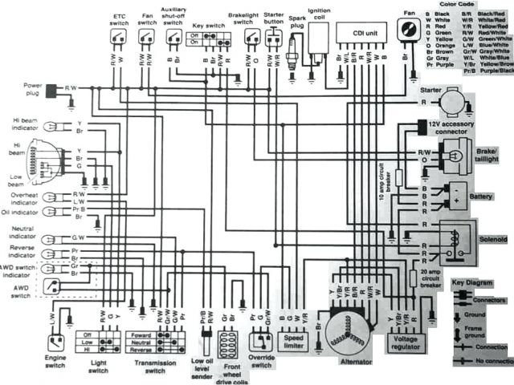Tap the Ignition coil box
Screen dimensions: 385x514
[x=320, y=36]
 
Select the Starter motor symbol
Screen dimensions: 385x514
[x=455, y=102]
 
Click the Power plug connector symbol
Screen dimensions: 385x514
[x=53, y=90]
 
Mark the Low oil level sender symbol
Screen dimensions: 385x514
[x=205, y=341]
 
